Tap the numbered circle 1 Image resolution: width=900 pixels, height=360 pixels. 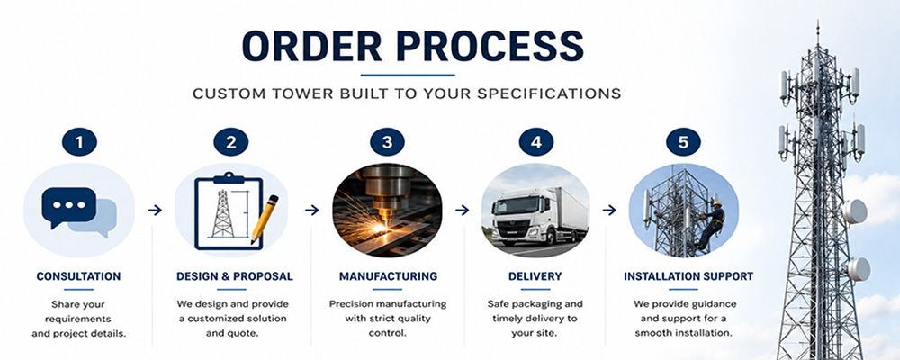79,142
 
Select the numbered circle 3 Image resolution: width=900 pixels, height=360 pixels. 387,142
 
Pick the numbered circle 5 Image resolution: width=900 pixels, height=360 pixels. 683,142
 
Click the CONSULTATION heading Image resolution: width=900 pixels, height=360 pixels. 78,276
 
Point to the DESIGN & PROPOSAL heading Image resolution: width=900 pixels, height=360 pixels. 235,276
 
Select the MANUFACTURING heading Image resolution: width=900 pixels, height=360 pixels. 388,276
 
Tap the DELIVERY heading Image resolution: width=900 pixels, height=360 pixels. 535,276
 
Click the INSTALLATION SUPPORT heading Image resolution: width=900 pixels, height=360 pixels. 688,276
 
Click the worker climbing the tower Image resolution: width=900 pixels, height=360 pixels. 712,224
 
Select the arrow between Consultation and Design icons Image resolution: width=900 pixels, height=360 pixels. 155,211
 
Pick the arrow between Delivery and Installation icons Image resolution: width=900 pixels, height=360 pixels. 609,211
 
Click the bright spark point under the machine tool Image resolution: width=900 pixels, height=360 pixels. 381,228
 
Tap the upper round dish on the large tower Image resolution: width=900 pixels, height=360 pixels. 855,211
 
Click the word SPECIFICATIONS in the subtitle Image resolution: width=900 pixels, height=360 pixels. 548,94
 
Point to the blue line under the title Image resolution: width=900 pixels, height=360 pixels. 408,75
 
